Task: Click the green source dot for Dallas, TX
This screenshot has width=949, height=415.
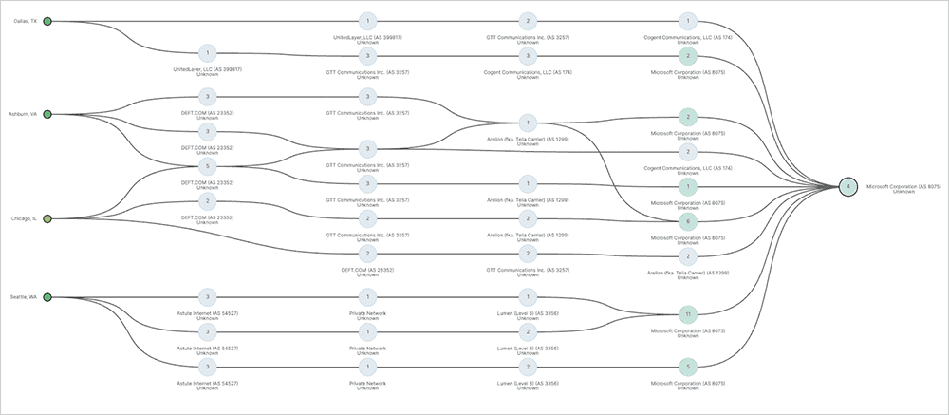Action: tap(47, 20)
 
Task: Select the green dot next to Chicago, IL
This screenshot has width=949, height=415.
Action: tap(47, 218)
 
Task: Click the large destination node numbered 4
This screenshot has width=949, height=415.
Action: tap(848, 186)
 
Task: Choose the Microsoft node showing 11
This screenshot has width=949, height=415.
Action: tap(689, 313)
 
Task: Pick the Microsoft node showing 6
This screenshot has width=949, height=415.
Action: tap(689, 220)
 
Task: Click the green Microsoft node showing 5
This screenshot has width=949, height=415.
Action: tap(689, 366)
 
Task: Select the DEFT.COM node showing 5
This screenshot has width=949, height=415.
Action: tap(209, 166)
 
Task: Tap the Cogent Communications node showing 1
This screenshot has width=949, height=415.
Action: tap(689, 20)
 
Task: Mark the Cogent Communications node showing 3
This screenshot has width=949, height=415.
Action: tap(528, 55)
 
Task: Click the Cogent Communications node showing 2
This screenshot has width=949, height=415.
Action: tap(689, 151)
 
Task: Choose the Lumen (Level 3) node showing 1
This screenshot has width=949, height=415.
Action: tap(528, 297)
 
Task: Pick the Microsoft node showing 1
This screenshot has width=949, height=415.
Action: tap(689, 186)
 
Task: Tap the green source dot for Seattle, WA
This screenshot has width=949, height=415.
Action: tap(47, 297)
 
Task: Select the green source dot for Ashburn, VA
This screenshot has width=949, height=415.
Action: tap(47, 114)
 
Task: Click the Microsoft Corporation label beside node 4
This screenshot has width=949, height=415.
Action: tap(902, 186)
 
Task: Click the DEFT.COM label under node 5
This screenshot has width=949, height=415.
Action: tap(209, 181)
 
